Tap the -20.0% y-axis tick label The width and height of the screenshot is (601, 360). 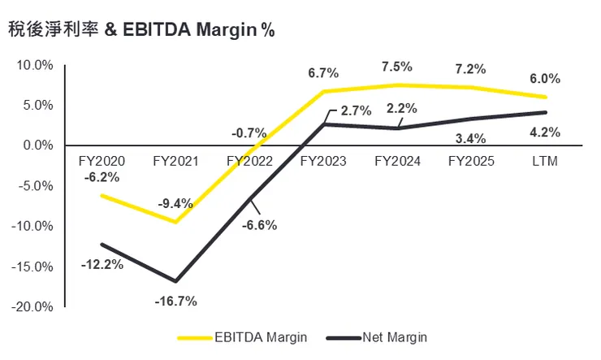32,306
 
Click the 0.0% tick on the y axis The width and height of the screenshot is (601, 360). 37,145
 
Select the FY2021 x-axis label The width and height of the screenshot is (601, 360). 175,161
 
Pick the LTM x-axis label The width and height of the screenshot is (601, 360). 543,161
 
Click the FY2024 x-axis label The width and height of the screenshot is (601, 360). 396,161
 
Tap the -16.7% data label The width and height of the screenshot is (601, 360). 175,301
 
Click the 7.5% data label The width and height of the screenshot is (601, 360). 396,67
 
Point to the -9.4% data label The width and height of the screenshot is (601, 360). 175,203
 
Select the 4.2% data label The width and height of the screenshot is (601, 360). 543,132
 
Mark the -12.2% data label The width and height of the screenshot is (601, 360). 102,263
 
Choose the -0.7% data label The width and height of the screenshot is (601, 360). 249,132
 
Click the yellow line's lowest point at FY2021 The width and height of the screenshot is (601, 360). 175,222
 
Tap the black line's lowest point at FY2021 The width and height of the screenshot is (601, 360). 175,280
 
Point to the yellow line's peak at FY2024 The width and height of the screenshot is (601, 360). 398,85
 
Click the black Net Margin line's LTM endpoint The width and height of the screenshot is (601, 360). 545,112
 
